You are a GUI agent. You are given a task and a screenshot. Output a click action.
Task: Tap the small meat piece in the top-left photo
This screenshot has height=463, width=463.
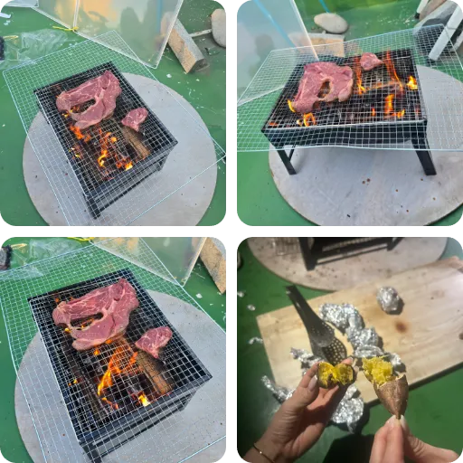click(135, 118)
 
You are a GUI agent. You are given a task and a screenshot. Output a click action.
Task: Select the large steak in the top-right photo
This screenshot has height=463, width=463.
click(322, 82)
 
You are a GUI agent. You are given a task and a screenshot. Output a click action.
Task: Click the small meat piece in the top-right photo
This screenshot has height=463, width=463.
click(370, 61)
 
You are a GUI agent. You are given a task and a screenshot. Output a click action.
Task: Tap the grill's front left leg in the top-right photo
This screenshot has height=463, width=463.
click(286, 160)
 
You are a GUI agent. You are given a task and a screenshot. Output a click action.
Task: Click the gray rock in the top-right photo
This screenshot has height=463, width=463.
click(331, 23)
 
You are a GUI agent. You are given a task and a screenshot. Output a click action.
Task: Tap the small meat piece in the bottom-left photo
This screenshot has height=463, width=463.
click(154, 340)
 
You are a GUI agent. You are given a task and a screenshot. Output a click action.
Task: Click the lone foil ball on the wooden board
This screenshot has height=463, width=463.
click(389, 299)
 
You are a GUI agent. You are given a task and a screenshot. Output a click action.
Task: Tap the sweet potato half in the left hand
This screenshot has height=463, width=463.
click(334, 373)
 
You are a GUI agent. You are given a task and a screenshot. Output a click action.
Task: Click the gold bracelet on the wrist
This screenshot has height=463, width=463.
click(263, 452)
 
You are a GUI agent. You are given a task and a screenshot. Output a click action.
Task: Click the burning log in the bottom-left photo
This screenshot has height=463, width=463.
click(149, 372)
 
